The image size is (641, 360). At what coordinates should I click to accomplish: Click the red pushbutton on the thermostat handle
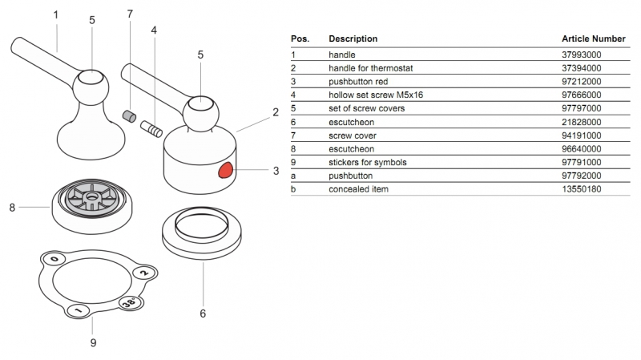227,169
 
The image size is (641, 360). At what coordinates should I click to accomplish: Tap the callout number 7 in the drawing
129,14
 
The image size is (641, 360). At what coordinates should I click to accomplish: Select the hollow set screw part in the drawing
151,128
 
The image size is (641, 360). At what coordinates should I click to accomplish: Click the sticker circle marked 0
54,260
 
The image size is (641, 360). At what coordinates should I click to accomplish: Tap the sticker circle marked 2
143,273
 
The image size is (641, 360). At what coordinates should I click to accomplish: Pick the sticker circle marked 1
78,310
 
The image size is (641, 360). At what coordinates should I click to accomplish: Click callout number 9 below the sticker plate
93,343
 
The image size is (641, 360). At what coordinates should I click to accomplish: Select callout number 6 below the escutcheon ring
203,313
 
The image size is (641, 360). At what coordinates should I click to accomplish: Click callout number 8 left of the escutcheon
12,207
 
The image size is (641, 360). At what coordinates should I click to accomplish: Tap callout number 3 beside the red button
276,170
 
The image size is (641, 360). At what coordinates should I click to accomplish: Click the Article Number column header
593,38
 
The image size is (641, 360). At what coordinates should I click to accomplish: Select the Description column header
353,38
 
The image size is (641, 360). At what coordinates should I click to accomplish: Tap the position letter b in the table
293,189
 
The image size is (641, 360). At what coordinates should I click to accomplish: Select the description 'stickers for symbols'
368,162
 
